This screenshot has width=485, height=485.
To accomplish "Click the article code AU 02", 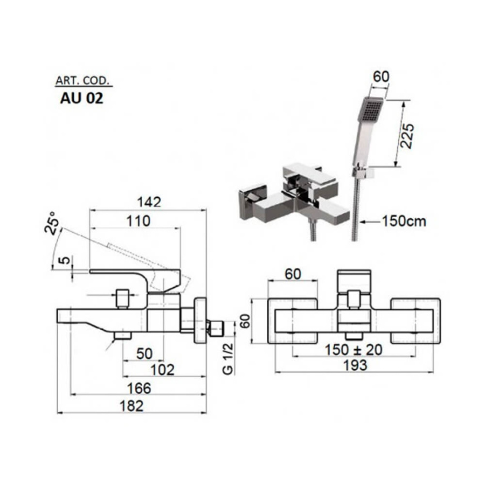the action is (x=82, y=99).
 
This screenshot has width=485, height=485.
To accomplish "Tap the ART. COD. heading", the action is (x=82, y=81).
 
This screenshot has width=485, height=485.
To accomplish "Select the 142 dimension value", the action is (x=149, y=202).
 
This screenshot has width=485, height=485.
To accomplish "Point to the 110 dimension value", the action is (x=138, y=221).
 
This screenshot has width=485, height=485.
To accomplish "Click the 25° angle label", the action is (x=51, y=223).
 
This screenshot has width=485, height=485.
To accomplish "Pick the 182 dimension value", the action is (x=132, y=406).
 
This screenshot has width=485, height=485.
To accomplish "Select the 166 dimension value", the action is (x=139, y=388).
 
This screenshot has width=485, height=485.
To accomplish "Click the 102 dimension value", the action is (x=162, y=370).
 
